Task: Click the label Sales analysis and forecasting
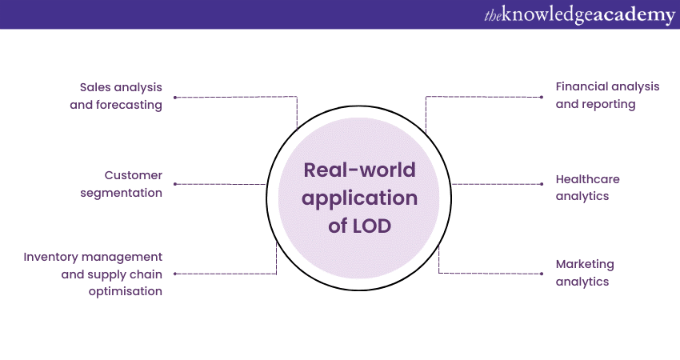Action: click(x=121, y=95)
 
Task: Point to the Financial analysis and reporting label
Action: click(x=607, y=95)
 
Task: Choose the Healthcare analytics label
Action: click(x=588, y=187)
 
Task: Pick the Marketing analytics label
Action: click(x=585, y=273)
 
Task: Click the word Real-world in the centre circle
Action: click(x=359, y=171)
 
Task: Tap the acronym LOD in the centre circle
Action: click(x=371, y=226)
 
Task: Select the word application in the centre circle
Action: click(x=359, y=198)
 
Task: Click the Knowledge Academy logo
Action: click(x=579, y=15)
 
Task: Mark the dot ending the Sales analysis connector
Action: click(x=175, y=97)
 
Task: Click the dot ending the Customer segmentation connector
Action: click(x=175, y=184)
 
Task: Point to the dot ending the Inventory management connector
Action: click(x=175, y=274)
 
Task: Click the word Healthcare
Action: click(x=588, y=178)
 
